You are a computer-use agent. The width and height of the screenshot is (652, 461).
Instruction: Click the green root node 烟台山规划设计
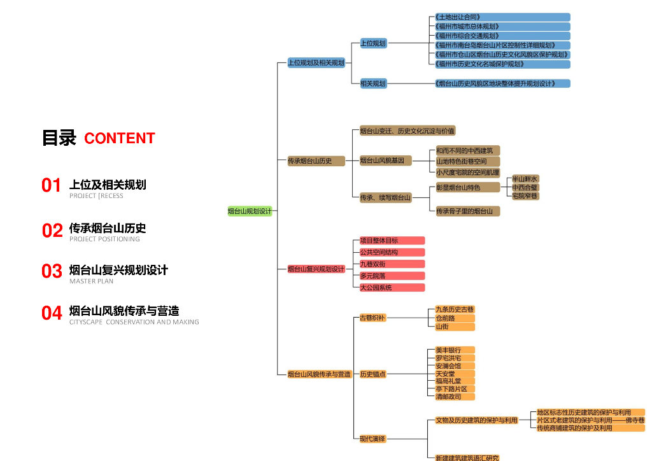[x=250, y=211]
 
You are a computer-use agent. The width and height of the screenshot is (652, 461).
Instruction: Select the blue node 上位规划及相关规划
[x=316, y=63]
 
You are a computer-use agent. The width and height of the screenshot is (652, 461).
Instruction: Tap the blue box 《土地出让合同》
[x=502, y=17]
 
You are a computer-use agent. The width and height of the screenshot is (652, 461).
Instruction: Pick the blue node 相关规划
[x=373, y=83]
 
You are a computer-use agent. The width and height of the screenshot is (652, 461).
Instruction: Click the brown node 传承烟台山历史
[x=316, y=161]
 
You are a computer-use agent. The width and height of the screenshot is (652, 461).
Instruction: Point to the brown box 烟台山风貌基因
[x=385, y=160]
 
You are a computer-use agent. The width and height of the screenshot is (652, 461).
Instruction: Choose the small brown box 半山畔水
[x=525, y=179]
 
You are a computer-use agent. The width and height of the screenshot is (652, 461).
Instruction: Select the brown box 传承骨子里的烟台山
[x=467, y=211]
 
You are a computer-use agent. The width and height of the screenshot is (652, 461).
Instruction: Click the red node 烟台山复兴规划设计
[x=316, y=269]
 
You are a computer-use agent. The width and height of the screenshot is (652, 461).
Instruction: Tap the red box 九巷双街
[x=392, y=264]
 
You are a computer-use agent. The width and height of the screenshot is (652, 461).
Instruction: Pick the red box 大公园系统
[x=392, y=288]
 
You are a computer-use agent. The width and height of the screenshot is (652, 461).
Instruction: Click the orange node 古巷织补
[x=372, y=318]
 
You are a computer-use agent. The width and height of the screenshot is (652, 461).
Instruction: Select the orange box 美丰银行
[x=455, y=350]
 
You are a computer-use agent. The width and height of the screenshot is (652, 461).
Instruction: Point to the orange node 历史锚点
[x=373, y=374]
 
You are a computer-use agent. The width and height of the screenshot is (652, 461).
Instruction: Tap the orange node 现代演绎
[x=372, y=439]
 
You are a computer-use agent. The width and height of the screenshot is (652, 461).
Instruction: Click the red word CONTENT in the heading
[x=120, y=138]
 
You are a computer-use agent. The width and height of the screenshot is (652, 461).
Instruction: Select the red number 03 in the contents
[x=52, y=271]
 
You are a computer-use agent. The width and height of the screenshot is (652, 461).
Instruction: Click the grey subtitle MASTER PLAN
[x=91, y=281]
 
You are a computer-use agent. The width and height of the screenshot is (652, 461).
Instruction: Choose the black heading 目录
[x=59, y=138]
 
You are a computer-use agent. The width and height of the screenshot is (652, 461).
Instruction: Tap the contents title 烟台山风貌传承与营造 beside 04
[x=124, y=311]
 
